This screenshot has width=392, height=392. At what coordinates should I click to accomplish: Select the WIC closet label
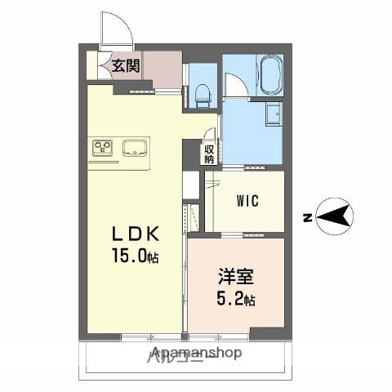(x=248, y=201)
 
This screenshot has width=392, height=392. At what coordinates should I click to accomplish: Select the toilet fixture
(x=203, y=95)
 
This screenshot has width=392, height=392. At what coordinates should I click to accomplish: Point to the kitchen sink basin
(x=136, y=148)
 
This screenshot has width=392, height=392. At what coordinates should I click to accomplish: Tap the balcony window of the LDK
(x=151, y=336)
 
